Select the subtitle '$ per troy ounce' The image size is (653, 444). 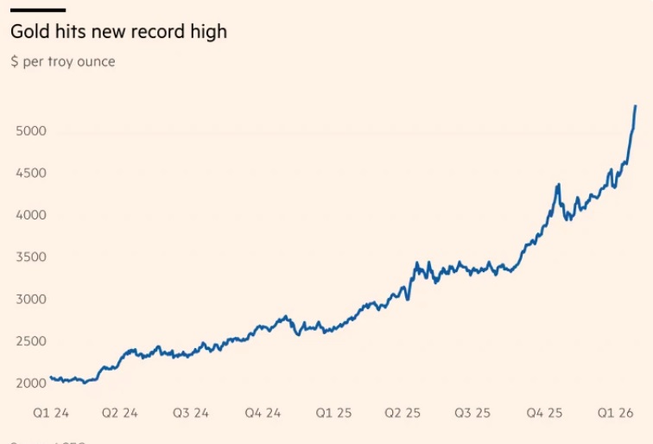coord(62,62)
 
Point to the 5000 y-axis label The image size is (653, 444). coord(30,131)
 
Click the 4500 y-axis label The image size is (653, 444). coord(30,174)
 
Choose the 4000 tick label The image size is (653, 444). coord(30,215)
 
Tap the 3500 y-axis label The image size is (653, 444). coord(30,257)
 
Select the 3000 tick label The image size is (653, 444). coord(30,300)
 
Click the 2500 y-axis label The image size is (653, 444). coord(30,342)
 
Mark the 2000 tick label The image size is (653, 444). coord(30,384)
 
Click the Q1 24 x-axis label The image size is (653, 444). coord(51,414)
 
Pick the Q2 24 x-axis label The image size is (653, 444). coord(119,414)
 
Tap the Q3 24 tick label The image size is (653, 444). coord(190,414)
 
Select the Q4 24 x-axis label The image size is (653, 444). coord(262,414)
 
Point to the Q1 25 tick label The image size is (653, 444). coord(333,414)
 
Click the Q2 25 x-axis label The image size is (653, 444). coord(403,414)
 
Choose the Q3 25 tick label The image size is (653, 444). coord(472,414)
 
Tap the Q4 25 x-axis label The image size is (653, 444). coord(544,414)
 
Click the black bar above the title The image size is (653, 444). coord(37,10)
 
